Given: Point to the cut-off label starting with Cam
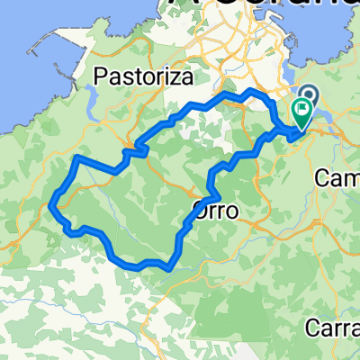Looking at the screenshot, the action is click(338, 179).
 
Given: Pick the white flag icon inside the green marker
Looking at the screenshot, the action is click(301, 111).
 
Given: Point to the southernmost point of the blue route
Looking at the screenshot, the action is click(167, 265).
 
